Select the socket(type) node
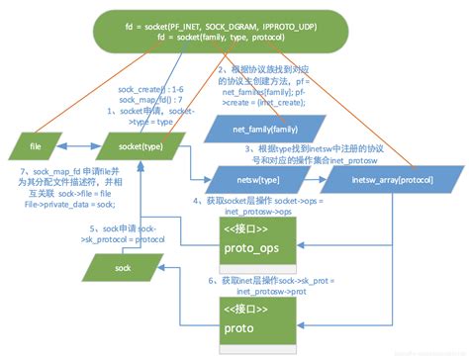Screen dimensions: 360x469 pyautogui.click(x=141, y=149)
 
